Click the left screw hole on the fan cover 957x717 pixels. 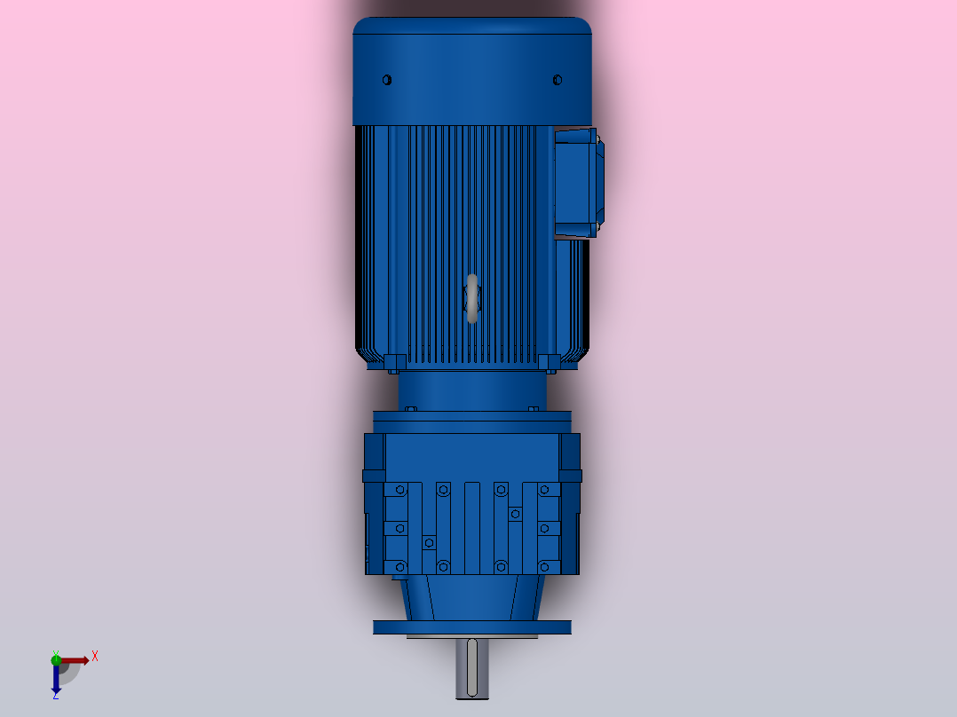(x=387, y=80)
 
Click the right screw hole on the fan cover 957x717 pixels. (x=558, y=80)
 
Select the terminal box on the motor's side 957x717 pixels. (x=578, y=183)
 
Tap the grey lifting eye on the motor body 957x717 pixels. (x=472, y=298)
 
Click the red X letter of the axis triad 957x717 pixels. (x=95, y=656)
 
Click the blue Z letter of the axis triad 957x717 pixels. (x=55, y=696)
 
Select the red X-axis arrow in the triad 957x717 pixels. (x=75, y=660)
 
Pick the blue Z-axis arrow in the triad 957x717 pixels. (x=56, y=678)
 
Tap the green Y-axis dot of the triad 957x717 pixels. (x=56, y=658)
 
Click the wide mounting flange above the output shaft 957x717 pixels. (x=471, y=627)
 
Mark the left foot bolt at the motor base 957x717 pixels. (x=396, y=361)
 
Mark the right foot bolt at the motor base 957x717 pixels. (x=548, y=361)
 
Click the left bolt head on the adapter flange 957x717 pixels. (x=410, y=409)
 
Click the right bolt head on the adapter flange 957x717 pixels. (x=533, y=409)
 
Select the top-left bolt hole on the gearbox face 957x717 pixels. (x=400, y=489)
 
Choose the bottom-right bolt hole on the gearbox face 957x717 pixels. (x=543, y=566)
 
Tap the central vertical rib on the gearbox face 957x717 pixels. (x=471, y=528)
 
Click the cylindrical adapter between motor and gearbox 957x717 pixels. (x=471, y=390)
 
